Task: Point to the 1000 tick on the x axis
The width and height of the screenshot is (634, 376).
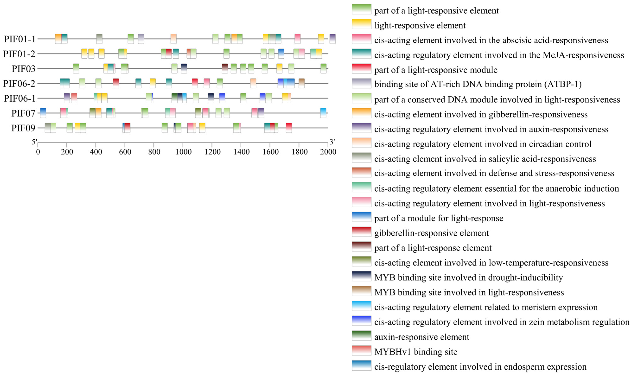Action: click(x=183, y=152)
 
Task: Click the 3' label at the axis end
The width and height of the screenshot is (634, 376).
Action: click(x=332, y=142)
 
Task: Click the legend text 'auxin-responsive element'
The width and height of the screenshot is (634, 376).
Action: click(x=422, y=337)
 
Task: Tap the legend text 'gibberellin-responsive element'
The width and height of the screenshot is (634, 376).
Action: click(x=431, y=233)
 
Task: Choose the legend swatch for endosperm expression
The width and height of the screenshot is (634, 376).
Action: click(x=361, y=365)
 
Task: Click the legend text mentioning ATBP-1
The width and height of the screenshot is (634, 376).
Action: click(x=478, y=84)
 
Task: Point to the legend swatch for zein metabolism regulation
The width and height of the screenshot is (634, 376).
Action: click(x=361, y=321)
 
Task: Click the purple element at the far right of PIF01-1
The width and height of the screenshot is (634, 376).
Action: click(x=333, y=39)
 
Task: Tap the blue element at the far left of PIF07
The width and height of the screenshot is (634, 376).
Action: click(x=43, y=113)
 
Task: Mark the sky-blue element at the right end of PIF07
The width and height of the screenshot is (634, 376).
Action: click(x=323, y=113)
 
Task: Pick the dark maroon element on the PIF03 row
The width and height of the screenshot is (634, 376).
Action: click(x=225, y=68)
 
